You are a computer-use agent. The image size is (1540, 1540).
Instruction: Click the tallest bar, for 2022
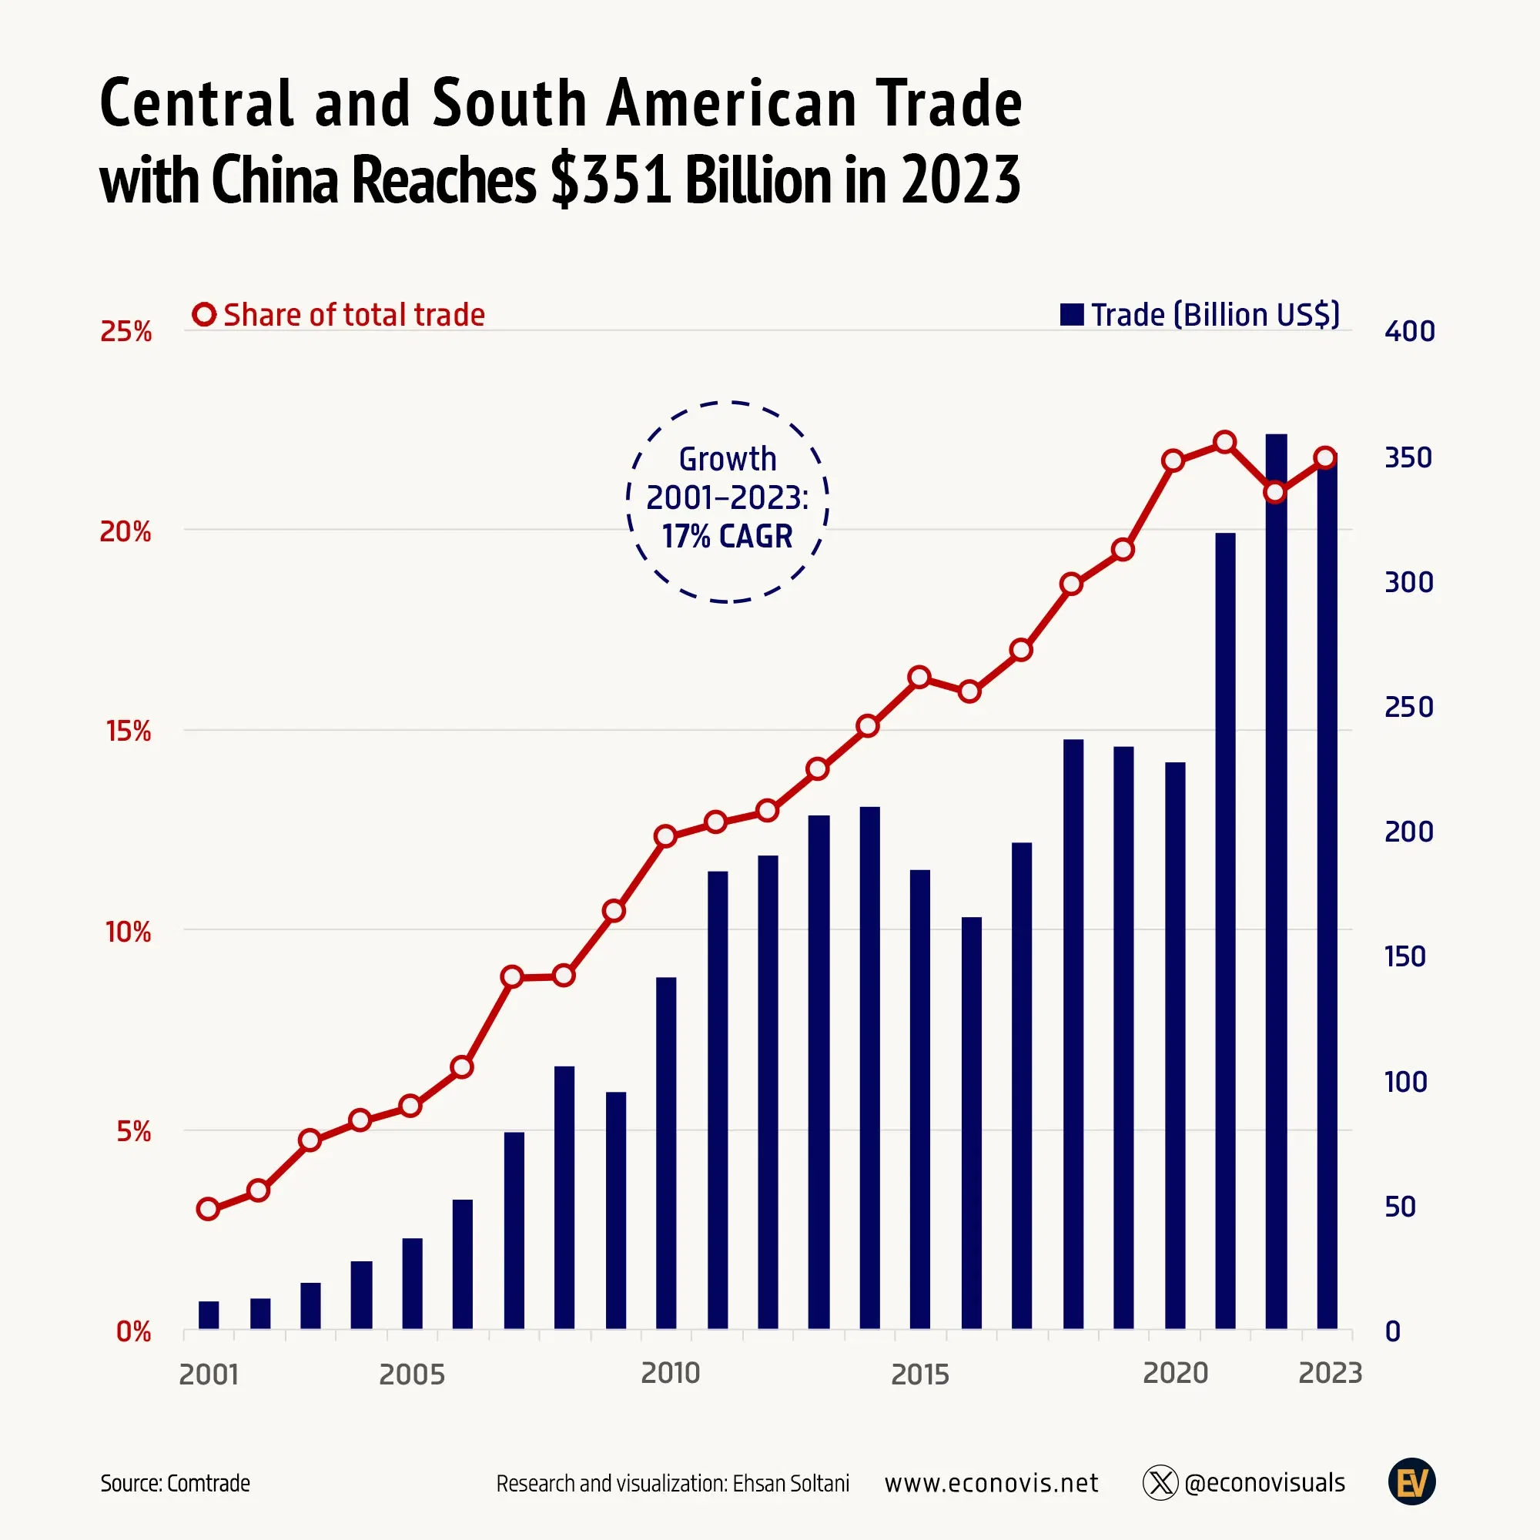(x=1275, y=881)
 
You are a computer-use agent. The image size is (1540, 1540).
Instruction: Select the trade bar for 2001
(x=208, y=1314)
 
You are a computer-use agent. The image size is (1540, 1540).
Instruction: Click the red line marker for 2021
(x=1224, y=441)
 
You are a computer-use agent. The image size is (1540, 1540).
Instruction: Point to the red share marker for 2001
(x=207, y=1209)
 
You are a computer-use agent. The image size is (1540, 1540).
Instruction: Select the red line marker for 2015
(x=919, y=678)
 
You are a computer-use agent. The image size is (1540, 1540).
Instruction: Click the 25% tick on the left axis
(x=126, y=332)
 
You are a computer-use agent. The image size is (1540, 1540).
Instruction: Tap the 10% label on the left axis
(x=128, y=931)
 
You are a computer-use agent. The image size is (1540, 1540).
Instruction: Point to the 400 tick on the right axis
(x=1409, y=332)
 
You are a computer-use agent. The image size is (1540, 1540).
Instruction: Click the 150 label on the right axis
(x=1404, y=956)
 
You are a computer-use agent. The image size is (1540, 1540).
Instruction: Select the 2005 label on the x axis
(x=411, y=1374)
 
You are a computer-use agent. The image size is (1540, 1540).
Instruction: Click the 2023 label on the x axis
(x=1330, y=1373)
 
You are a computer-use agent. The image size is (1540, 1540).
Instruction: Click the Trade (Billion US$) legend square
(x=1071, y=315)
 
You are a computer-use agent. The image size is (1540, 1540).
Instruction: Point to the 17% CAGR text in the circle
(x=727, y=537)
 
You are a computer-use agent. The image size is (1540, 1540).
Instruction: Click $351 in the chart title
(x=611, y=180)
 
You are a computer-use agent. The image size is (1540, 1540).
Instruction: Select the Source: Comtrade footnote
(x=175, y=1484)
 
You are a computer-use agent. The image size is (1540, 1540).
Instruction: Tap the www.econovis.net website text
(x=991, y=1484)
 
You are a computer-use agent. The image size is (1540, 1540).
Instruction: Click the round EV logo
(x=1411, y=1481)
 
